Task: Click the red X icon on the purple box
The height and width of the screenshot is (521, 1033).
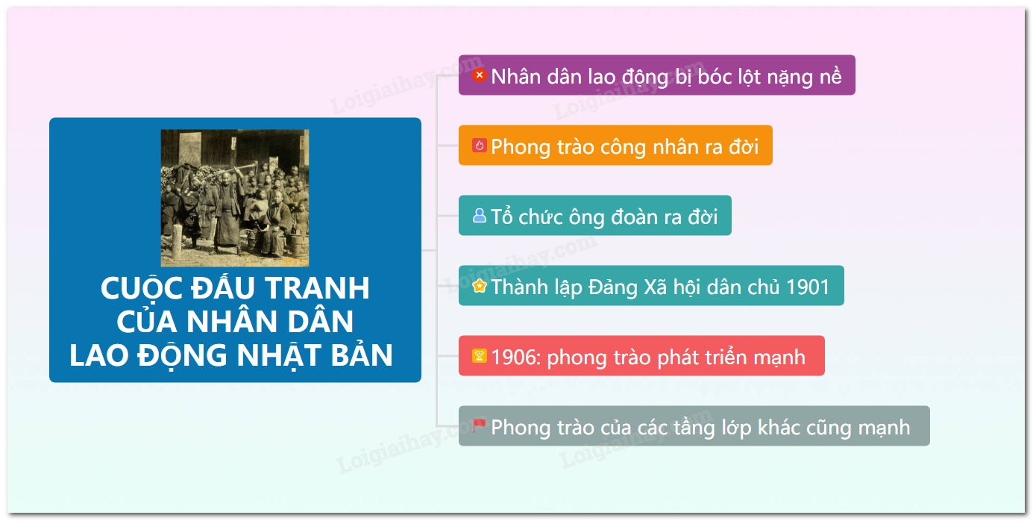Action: click(479, 75)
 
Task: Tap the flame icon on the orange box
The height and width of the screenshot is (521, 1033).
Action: click(479, 146)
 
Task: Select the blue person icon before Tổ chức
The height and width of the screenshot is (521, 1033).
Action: click(479, 215)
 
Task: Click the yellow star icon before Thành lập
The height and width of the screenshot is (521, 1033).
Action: click(479, 286)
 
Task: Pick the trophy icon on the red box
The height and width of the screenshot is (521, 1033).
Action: click(479, 356)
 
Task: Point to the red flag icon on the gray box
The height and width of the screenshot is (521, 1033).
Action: click(479, 425)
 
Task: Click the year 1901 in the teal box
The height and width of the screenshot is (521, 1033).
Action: click(808, 287)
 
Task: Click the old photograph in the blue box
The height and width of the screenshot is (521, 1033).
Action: click(235, 198)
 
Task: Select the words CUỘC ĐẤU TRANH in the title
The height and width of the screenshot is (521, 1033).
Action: click(235, 288)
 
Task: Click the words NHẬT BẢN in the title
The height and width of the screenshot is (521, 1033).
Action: click(315, 355)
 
